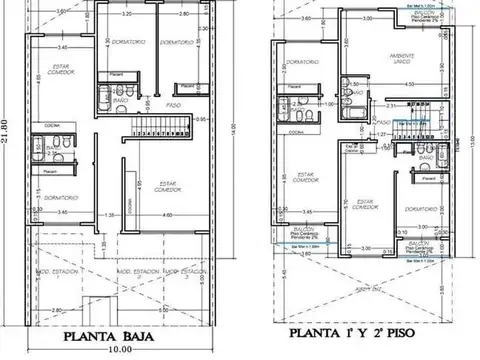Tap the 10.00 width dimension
121,350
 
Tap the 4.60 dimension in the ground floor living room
168,217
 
